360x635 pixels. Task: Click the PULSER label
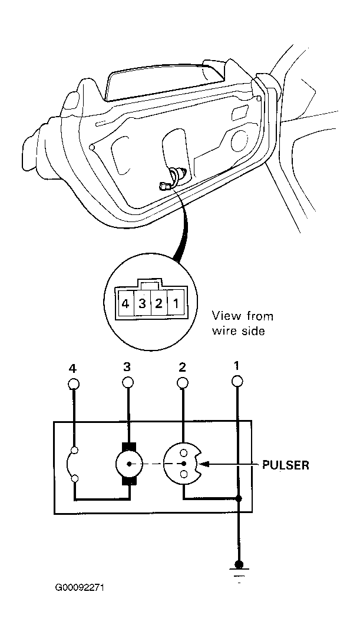point(286,465)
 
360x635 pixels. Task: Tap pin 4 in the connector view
point(125,304)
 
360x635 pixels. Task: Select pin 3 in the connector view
point(142,304)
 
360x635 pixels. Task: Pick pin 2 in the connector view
point(158,304)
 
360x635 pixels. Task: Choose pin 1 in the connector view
point(176,304)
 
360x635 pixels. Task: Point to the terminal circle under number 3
point(128,382)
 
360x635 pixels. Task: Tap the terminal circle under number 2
point(183,382)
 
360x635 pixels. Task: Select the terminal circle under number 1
point(237,381)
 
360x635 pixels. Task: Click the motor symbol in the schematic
point(129,464)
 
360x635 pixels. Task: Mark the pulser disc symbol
point(183,463)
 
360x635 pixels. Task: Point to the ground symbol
point(239,570)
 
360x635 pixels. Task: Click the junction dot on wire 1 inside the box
point(239,498)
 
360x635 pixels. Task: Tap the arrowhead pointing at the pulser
point(205,464)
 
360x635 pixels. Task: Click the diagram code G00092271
point(80,587)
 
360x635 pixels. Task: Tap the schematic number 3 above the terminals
point(127,367)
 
